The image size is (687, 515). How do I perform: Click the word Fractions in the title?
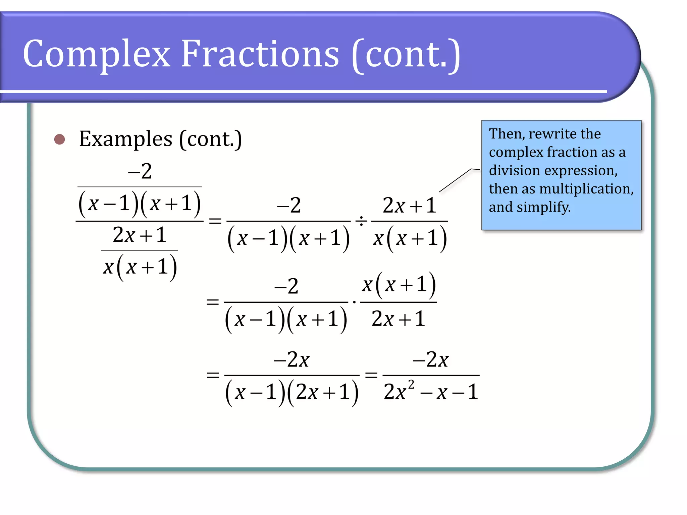tap(260, 54)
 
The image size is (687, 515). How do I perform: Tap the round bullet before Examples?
tap(60, 139)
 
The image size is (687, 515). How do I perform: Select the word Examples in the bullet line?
tap(126, 139)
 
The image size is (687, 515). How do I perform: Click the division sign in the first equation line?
tap(361, 221)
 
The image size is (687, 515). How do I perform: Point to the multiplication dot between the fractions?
tap(354, 302)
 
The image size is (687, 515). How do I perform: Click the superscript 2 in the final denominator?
tap(411, 384)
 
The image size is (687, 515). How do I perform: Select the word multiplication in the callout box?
tap(586, 189)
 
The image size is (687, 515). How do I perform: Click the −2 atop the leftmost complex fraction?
tap(140, 171)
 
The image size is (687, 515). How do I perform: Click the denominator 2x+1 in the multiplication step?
tap(398, 319)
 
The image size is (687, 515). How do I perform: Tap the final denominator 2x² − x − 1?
tap(431, 392)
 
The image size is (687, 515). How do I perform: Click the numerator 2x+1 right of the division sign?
tap(409, 206)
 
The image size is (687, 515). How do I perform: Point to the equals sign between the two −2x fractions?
tap(371, 375)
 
